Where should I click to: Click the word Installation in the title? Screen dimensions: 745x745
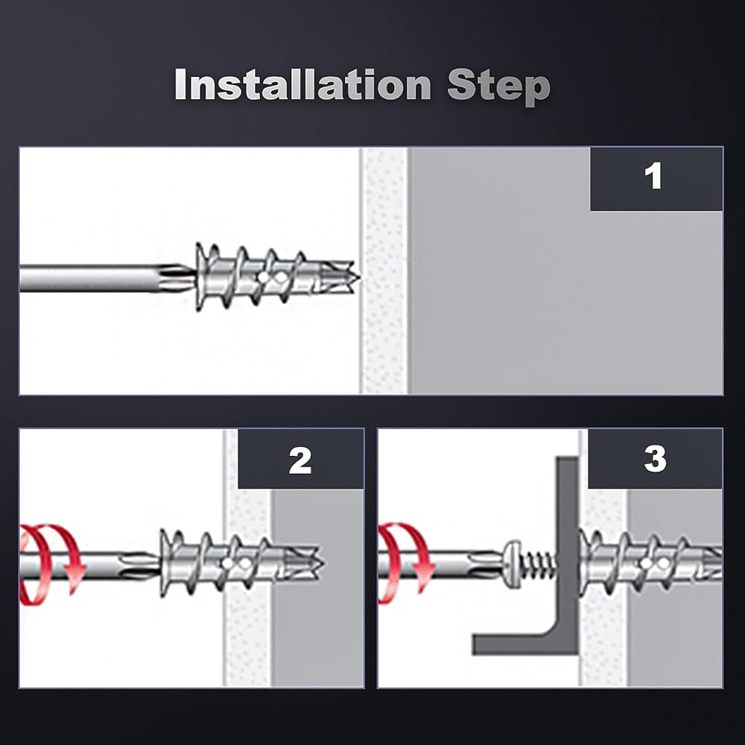pos(303,85)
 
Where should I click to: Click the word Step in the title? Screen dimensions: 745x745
pos(499,87)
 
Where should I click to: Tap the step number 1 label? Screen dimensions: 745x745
pos(653,177)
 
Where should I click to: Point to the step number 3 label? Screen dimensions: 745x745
pos(655,458)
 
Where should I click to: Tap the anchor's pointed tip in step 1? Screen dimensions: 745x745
pos(359,276)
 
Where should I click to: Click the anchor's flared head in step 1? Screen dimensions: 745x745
pos(203,277)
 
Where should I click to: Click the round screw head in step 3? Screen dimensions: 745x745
pos(513,564)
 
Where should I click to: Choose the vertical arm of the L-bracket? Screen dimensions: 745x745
pos(568,546)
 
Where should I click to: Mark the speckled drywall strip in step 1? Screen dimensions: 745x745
pos(384,271)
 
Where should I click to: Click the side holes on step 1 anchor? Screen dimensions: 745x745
pos(271,277)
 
